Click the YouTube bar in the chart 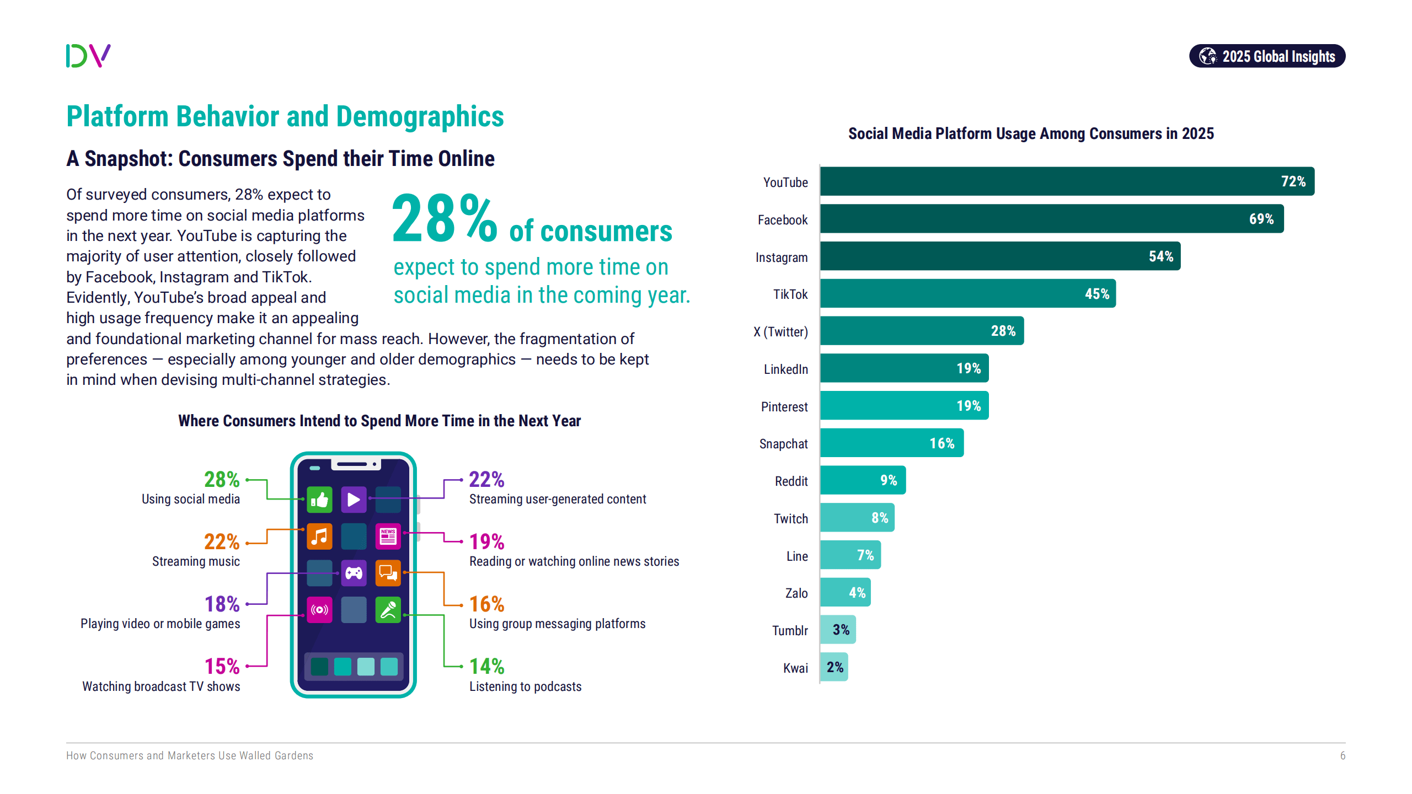click(1067, 181)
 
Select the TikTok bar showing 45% click(967, 293)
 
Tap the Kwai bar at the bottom click(833, 667)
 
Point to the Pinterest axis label click(784, 407)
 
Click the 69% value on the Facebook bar click(1261, 219)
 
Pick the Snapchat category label click(783, 444)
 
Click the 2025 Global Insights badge click(1267, 56)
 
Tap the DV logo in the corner click(88, 56)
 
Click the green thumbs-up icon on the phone click(319, 500)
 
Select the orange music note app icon click(319, 537)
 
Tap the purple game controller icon click(354, 573)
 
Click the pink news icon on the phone click(388, 537)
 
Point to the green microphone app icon click(388, 610)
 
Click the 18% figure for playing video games click(222, 604)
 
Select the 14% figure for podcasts click(486, 667)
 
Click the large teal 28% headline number click(444, 219)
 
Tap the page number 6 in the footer click(1343, 755)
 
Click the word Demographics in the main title click(420, 117)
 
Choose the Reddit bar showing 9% click(862, 480)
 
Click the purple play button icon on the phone click(354, 500)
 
